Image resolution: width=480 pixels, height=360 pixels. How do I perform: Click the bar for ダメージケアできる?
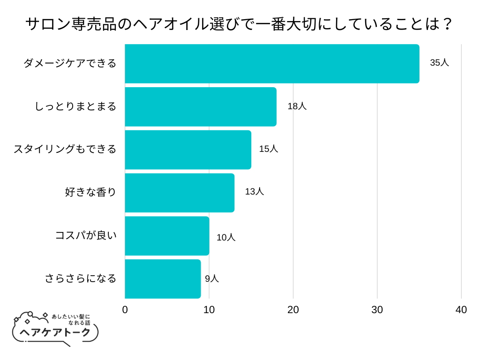[272, 64]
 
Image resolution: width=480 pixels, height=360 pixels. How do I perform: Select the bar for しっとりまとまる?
[201, 106]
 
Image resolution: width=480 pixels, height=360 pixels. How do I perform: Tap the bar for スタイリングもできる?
[188, 150]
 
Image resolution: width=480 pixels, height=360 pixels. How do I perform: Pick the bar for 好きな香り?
[180, 193]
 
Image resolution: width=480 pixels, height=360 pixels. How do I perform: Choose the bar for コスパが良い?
[167, 236]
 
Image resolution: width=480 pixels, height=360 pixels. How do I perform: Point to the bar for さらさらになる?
[163, 279]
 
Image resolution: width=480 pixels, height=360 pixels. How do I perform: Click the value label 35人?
[439, 63]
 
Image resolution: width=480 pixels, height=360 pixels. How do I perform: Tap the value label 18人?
[297, 106]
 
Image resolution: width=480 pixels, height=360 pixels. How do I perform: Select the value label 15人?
[269, 149]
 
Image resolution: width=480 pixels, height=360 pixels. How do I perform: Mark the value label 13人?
[255, 192]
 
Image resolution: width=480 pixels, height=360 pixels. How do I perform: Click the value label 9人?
[212, 278]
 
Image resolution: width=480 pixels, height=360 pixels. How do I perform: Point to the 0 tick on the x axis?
[125, 310]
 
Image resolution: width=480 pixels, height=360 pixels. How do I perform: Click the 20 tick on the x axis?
[293, 310]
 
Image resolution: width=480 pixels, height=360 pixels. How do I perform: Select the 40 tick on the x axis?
[461, 310]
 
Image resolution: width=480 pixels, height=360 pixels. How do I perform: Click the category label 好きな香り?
[90, 192]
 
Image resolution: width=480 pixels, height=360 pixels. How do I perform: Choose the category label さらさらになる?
[80, 278]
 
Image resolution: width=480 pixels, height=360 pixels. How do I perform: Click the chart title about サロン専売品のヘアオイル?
[240, 24]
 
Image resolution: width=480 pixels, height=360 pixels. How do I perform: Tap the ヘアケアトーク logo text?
[55, 332]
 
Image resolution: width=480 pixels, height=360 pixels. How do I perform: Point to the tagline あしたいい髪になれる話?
[70, 319]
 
